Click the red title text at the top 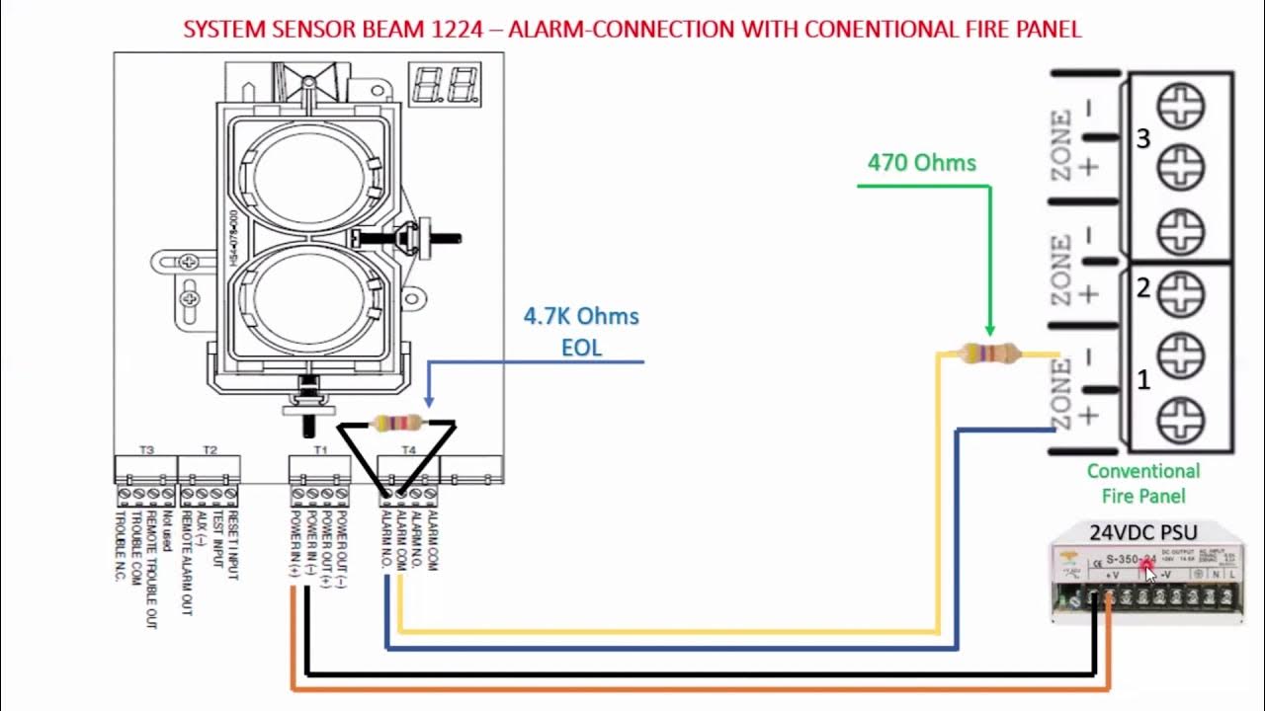click(632, 29)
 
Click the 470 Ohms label click(921, 163)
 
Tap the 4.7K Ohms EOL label click(581, 331)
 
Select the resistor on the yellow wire click(989, 354)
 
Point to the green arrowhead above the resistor click(989, 331)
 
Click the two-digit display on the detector click(446, 86)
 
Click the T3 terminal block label click(146, 450)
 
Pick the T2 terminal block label click(210, 450)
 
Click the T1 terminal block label click(320, 450)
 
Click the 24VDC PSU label click(1142, 532)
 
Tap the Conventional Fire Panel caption click(1143, 484)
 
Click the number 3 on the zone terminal click(1143, 139)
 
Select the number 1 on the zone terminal click(1143, 380)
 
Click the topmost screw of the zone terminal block click(1180, 106)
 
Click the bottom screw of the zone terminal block click(1180, 417)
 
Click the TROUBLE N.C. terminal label click(122, 546)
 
